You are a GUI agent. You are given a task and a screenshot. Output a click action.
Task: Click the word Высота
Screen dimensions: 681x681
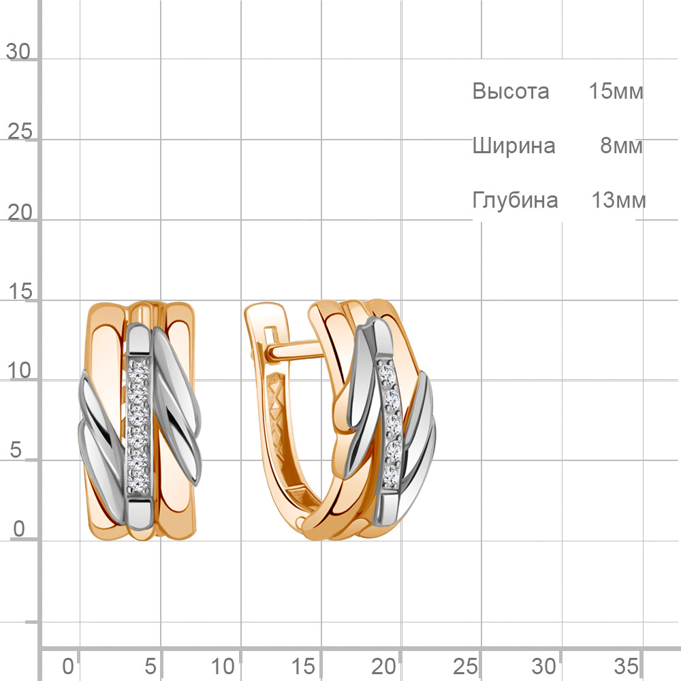point(511,91)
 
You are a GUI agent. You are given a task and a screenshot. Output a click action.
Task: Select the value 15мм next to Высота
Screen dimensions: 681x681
point(616,91)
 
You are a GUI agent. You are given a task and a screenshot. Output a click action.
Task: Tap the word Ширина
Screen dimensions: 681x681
point(513,146)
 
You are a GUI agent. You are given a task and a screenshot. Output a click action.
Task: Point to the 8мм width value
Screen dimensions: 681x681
point(621,146)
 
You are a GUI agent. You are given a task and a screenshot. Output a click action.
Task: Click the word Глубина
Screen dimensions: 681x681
point(515,200)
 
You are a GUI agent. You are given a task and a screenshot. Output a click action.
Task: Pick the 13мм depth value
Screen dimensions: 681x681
point(618,200)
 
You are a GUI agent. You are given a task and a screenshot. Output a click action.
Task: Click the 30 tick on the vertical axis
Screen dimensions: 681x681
point(18,52)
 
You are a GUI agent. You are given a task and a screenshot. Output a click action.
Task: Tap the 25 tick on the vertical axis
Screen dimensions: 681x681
point(20,131)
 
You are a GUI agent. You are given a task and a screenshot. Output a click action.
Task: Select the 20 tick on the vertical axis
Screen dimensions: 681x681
point(20,212)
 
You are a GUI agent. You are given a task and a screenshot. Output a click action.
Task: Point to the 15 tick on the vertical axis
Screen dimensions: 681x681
point(20,291)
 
